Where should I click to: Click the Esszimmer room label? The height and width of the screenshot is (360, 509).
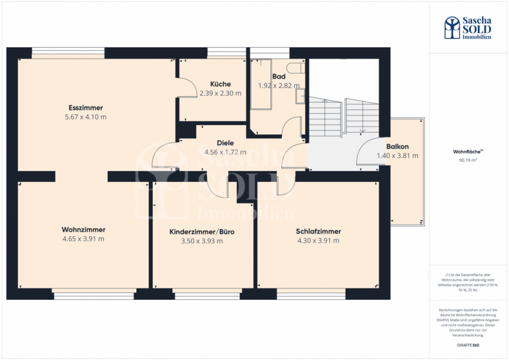tap(86, 107)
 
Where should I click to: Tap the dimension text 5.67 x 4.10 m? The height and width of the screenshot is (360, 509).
tap(86, 117)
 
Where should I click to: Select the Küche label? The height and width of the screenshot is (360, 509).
tap(220, 84)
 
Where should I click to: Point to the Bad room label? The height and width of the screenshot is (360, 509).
tap(278, 76)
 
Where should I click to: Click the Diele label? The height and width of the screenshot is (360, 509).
tap(225, 142)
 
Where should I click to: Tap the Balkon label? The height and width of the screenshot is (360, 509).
tap(397, 147)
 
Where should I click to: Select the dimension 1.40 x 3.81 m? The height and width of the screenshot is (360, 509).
tap(397, 155)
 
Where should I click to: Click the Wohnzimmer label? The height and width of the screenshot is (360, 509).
tap(84, 229)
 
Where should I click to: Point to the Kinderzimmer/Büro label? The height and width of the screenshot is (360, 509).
tap(202, 232)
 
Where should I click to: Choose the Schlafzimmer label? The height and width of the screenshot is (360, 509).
tap(318, 231)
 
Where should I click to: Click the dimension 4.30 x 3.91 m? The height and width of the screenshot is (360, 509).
tap(318, 240)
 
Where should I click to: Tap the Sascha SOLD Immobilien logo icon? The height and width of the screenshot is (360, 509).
tap(452, 27)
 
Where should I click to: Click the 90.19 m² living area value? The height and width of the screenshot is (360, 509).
tap(468, 160)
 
